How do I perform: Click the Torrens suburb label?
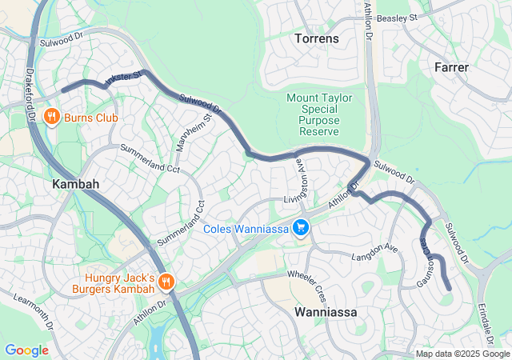[317, 38]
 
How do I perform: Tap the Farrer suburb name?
[451, 67]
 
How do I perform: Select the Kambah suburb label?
[76, 184]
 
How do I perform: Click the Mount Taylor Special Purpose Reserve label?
[314, 114]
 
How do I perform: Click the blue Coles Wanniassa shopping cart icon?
[301, 229]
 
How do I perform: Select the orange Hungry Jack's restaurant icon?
[166, 281]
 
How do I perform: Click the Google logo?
[26, 350]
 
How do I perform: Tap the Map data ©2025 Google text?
[462, 354]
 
